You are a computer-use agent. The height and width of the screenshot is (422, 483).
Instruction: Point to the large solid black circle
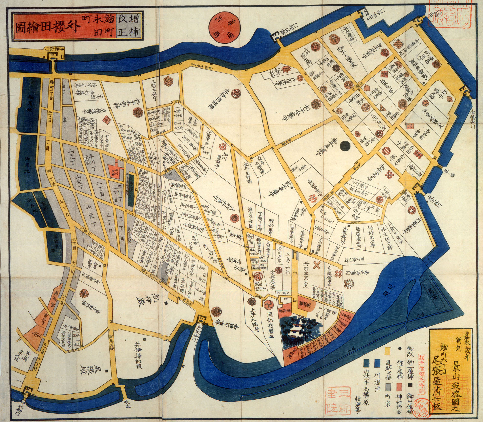345,146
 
